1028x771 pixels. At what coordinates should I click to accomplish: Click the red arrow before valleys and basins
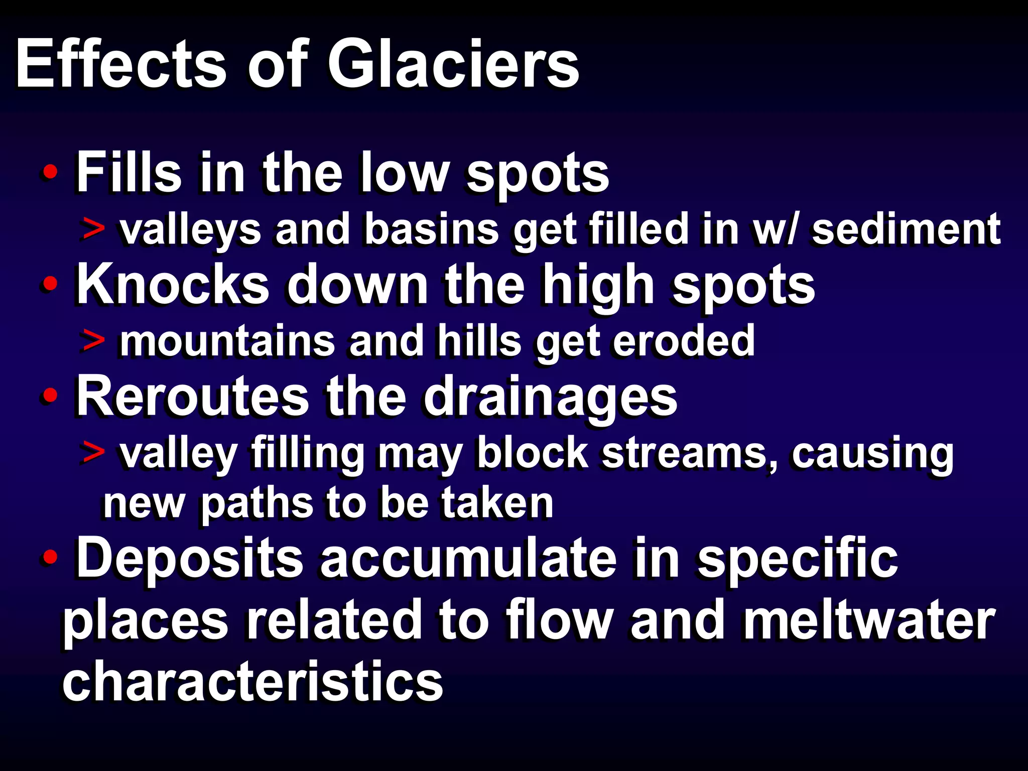coord(93,229)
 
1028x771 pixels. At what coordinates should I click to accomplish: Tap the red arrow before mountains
coord(93,341)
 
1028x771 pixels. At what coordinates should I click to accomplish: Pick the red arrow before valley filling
coord(93,452)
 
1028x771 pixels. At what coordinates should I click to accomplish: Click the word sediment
coord(906,229)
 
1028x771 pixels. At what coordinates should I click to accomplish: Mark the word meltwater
coord(868,620)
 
